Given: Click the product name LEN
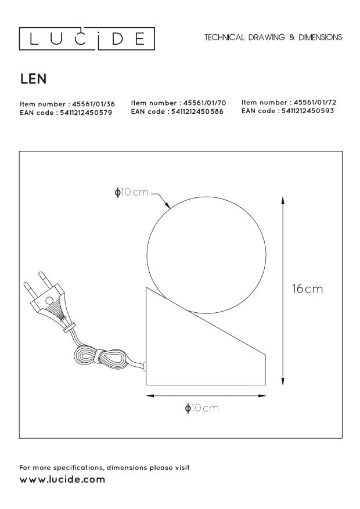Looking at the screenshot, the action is coord(34,79).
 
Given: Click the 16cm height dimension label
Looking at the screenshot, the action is coord(307,288).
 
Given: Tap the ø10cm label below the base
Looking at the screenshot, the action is coord(202,407).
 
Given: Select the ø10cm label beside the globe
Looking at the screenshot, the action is coord(131,192).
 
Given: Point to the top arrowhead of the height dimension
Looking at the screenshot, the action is coord(283,200).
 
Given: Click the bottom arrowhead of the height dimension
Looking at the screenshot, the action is coord(283,381).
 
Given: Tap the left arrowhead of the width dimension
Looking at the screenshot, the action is coord(150,396).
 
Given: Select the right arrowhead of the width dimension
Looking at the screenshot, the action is coord(262,396).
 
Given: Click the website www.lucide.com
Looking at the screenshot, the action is coord(62,480).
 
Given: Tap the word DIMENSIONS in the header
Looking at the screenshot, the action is coord(320,37).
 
